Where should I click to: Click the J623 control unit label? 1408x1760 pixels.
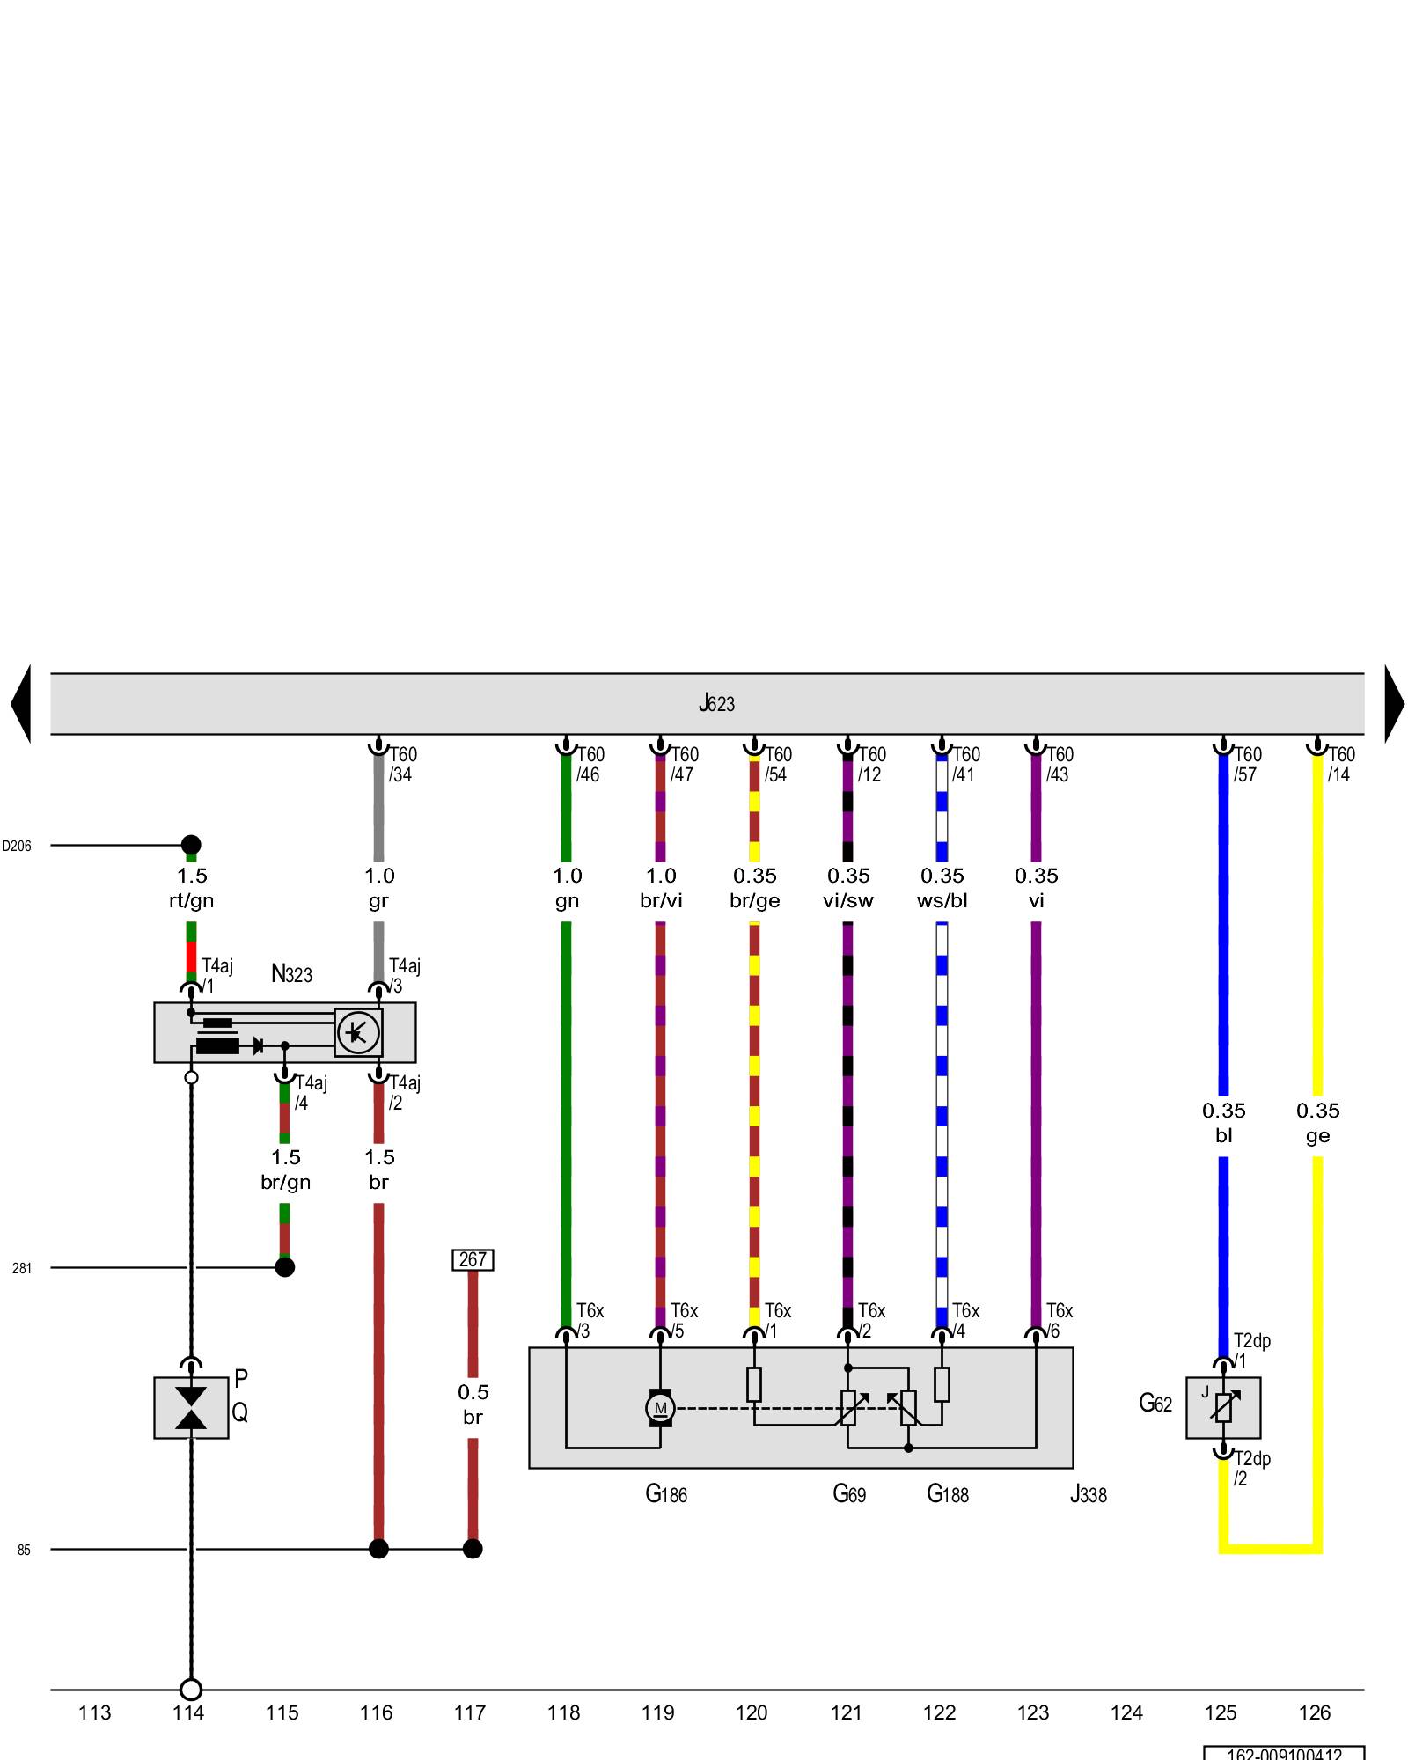point(716,703)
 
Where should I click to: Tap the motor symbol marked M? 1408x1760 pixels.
point(660,1408)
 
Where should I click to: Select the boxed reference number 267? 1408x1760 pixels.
point(473,1259)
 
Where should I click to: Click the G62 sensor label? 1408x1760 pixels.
point(1155,1403)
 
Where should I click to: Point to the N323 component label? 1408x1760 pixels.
point(291,974)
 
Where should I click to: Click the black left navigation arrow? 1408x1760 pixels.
point(21,703)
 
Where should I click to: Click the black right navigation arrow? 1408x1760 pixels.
point(1394,703)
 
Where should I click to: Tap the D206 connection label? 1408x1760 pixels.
point(17,847)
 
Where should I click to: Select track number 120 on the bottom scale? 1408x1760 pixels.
point(752,1712)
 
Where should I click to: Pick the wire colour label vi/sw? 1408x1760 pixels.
point(848,901)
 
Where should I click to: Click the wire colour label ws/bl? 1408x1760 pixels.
point(942,901)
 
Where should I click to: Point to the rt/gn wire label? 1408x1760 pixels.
point(191,901)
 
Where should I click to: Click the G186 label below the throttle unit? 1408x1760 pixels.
point(666,1494)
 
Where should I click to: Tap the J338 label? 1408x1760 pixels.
point(1088,1494)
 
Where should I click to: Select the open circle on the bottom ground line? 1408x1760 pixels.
point(191,1690)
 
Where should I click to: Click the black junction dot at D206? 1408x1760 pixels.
point(191,845)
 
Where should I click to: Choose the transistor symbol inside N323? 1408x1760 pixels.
point(358,1032)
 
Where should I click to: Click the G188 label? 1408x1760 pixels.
point(948,1494)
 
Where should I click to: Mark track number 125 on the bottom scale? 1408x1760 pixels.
point(1221,1712)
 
